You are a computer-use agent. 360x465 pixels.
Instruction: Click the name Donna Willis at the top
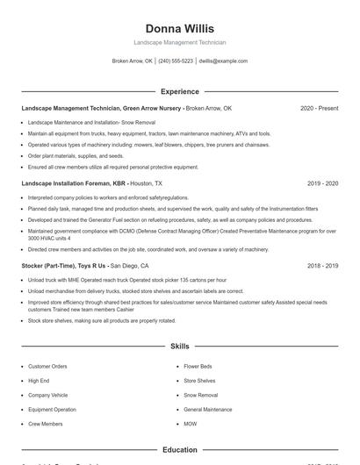coord(179,29)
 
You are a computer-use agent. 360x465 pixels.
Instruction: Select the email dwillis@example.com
coord(223,61)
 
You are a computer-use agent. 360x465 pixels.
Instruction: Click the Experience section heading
coord(179,91)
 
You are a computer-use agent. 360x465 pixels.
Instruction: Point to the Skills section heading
coord(179,347)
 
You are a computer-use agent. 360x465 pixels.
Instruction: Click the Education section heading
coord(179,450)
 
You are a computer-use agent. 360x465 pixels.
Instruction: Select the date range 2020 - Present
coord(319,109)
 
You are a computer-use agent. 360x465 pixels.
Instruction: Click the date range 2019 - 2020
coord(322,184)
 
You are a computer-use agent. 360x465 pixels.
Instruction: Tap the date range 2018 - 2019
coord(322,265)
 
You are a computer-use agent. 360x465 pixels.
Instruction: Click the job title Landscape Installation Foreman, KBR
coord(74,184)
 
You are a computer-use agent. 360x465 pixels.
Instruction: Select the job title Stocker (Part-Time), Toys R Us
coord(64,265)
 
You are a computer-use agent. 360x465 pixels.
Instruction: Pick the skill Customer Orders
coord(47,366)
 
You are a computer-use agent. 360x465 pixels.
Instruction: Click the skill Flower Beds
coord(198,366)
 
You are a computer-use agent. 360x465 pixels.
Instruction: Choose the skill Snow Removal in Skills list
coord(200,395)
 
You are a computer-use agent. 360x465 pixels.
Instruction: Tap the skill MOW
coord(191,424)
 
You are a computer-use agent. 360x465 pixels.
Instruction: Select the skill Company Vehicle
coord(48,395)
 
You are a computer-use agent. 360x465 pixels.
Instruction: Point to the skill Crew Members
coord(46,424)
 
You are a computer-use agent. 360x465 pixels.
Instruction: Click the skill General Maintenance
coord(208,409)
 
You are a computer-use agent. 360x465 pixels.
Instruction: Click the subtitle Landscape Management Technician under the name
coord(179,42)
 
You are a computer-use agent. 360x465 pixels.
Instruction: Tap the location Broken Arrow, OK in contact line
coord(133,61)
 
